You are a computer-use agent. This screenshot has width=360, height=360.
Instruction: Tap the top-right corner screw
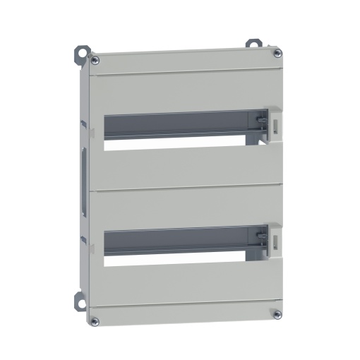277,51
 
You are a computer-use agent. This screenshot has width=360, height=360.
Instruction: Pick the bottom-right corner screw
277,313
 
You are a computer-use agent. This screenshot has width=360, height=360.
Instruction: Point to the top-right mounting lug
251,43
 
